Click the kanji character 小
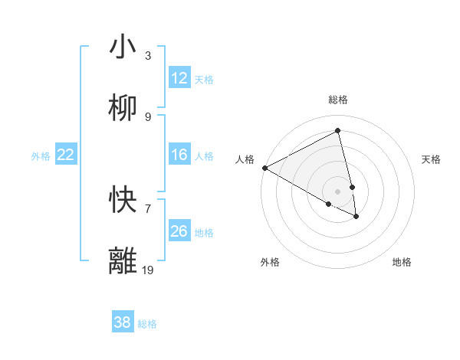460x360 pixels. tap(123, 47)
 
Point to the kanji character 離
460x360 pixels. tap(123, 261)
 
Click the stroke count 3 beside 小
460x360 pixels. tap(148, 55)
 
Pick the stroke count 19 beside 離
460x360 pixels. tap(148, 270)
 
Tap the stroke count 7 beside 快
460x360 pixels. tap(148, 208)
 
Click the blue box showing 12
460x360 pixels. tap(179, 78)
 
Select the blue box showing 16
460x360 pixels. tap(179, 155)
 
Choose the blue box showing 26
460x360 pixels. tap(179, 231)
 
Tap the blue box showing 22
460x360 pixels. tap(66, 155)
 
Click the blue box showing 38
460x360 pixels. tap(123, 322)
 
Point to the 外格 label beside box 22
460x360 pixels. tap(41, 156)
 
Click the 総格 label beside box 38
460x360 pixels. tap(147, 324)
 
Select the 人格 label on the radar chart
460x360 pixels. tap(245, 159)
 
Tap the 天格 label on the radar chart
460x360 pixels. tap(432, 159)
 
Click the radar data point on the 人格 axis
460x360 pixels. tap(264, 168)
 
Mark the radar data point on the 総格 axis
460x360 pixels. tap(338, 131)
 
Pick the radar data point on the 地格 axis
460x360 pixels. tap(356, 217)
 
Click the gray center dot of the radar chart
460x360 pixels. tap(338, 191)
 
